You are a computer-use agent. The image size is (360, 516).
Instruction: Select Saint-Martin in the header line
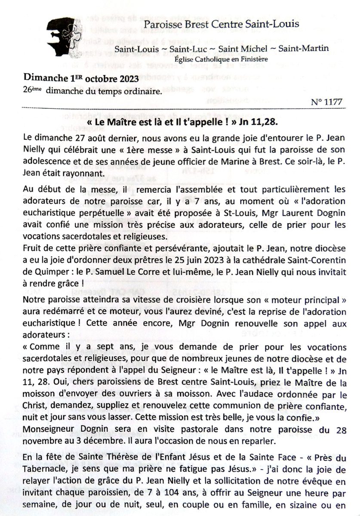(x=303, y=48)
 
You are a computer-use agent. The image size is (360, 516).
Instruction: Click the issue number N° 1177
(x=326, y=102)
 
